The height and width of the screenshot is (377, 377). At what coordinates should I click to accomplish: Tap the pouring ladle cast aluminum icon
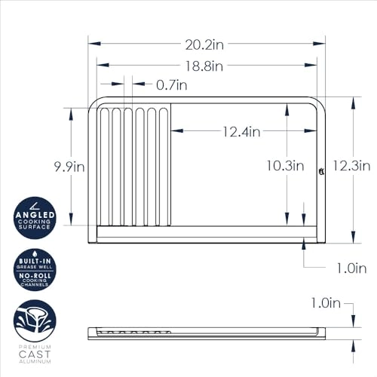coord(35,320)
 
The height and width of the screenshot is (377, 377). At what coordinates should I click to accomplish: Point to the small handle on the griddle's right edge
coord(321,172)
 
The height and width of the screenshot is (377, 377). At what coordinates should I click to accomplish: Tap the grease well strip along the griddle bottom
coord(204,234)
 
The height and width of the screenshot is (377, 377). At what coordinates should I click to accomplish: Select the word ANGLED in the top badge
coord(35,215)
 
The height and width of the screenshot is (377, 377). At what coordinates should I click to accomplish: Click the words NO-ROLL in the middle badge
coord(35,277)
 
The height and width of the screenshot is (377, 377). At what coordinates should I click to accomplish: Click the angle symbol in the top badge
coord(34,204)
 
